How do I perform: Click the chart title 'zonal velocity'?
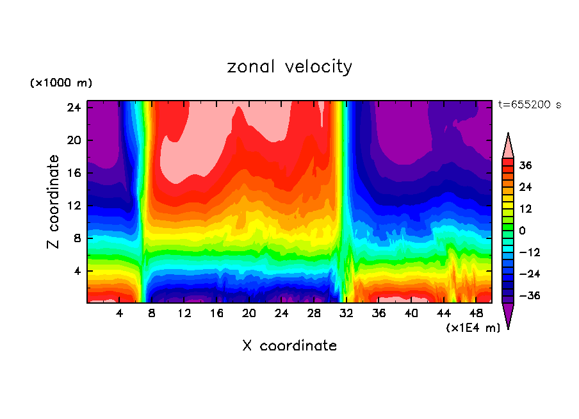tap(289, 67)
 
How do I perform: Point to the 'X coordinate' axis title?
tap(289, 346)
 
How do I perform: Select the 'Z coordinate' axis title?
tap(54, 202)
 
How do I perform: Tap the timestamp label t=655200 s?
tap(529, 105)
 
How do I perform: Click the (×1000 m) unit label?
tap(61, 83)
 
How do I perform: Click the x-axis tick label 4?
tap(120, 313)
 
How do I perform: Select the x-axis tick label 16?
tap(216, 313)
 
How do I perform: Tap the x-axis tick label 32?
tap(347, 313)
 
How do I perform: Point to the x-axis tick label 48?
tap(476, 313)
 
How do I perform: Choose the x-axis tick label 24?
tap(282, 313)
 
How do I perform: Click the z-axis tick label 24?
tap(74, 108)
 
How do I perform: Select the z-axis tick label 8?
tap(77, 238)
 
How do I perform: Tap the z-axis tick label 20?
tap(74, 140)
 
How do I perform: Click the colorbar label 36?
tap(525, 165)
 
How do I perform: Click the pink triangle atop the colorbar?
tap(508, 147)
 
